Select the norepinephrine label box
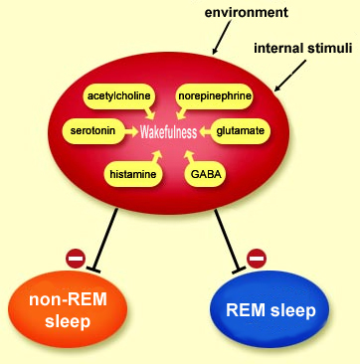tap(214, 96)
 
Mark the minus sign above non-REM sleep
tap(76, 259)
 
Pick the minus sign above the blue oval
tap(256, 259)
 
